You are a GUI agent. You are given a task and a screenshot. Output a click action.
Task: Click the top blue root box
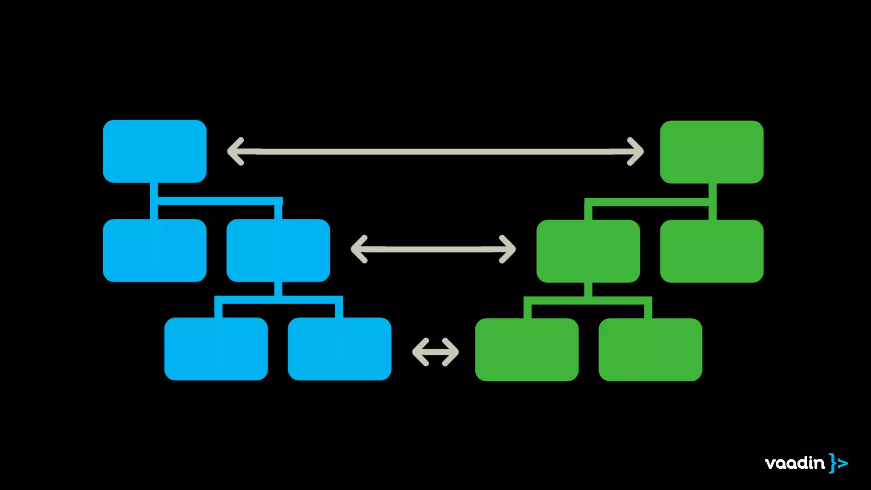coord(154,151)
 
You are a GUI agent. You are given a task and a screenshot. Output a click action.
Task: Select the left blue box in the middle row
coord(154,250)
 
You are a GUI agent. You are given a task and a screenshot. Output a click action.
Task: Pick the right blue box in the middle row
coord(278,250)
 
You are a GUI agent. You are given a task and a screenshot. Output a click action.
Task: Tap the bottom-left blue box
coord(216,349)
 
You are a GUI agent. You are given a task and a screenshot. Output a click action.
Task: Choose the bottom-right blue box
coord(339,349)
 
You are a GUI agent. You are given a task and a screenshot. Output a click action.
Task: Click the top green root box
coord(712,152)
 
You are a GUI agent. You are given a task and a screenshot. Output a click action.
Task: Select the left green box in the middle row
coord(588,251)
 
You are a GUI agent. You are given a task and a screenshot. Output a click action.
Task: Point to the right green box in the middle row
coord(712,251)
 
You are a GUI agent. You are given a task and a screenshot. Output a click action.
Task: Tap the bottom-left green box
coord(527,350)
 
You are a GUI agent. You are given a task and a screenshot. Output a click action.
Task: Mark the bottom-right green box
coord(650,350)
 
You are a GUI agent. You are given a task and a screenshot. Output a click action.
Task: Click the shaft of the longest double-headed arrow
coord(435,151)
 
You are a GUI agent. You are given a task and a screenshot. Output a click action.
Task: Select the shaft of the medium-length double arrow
coord(433,249)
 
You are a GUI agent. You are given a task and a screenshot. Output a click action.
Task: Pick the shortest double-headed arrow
coord(435,352)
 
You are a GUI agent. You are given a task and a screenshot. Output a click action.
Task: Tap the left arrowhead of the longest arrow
coord(235,151)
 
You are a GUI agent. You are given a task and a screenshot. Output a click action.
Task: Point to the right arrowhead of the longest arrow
coord(636,151)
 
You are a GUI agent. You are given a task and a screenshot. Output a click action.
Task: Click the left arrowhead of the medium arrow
coord(359,249)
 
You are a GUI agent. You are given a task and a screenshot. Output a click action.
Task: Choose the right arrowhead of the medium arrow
coord(508,249)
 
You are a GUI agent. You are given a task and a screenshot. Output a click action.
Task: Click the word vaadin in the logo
coord(794,463)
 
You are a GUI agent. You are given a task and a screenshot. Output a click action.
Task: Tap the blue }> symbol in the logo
coord(838,463)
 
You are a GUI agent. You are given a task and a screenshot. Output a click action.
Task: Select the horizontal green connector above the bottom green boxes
coord(588,300)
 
